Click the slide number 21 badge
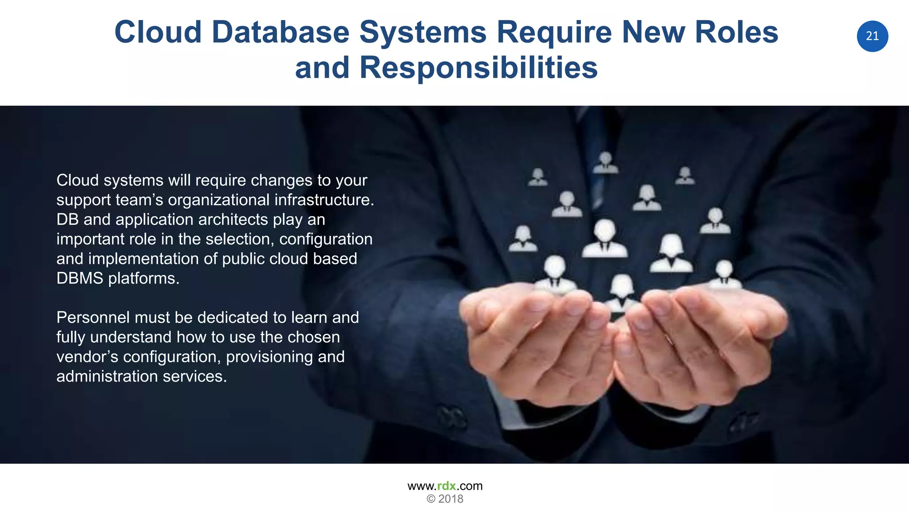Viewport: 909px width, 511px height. click(x=872, y=36)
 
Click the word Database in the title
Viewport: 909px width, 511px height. click(x=281, y=32)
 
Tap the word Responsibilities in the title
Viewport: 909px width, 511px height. click(x=478, y=68)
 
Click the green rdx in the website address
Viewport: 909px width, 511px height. click(x=447, y=486)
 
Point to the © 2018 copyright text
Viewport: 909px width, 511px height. click(x=445, y=499)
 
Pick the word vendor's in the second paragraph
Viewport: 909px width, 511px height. click(x=87, y=357)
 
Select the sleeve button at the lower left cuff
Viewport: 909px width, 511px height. click(x=452, y=417)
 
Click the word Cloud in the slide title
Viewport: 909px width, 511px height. click(x=158, y=32)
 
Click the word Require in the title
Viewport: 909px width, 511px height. click(x=554, y=32)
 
